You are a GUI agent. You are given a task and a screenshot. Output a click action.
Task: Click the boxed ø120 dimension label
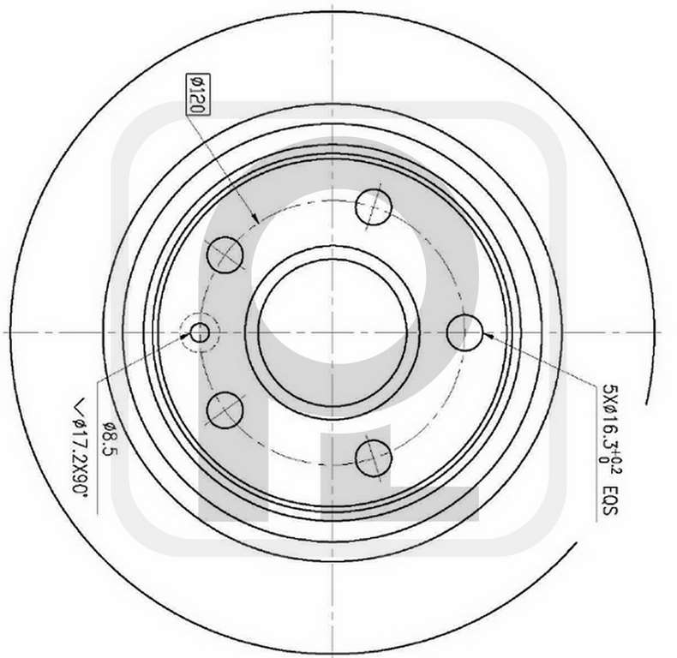click(197, 94)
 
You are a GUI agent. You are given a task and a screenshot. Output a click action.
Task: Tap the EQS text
click(609, 502)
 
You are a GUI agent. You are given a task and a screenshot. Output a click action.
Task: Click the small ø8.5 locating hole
click(200, 332)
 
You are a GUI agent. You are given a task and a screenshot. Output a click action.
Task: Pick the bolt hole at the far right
click(464, 332)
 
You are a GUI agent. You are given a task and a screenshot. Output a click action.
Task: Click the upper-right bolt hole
click(373, 206)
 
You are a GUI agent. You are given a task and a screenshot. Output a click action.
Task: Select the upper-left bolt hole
click(225, 254)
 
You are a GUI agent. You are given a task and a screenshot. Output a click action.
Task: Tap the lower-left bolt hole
click(225, 410)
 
